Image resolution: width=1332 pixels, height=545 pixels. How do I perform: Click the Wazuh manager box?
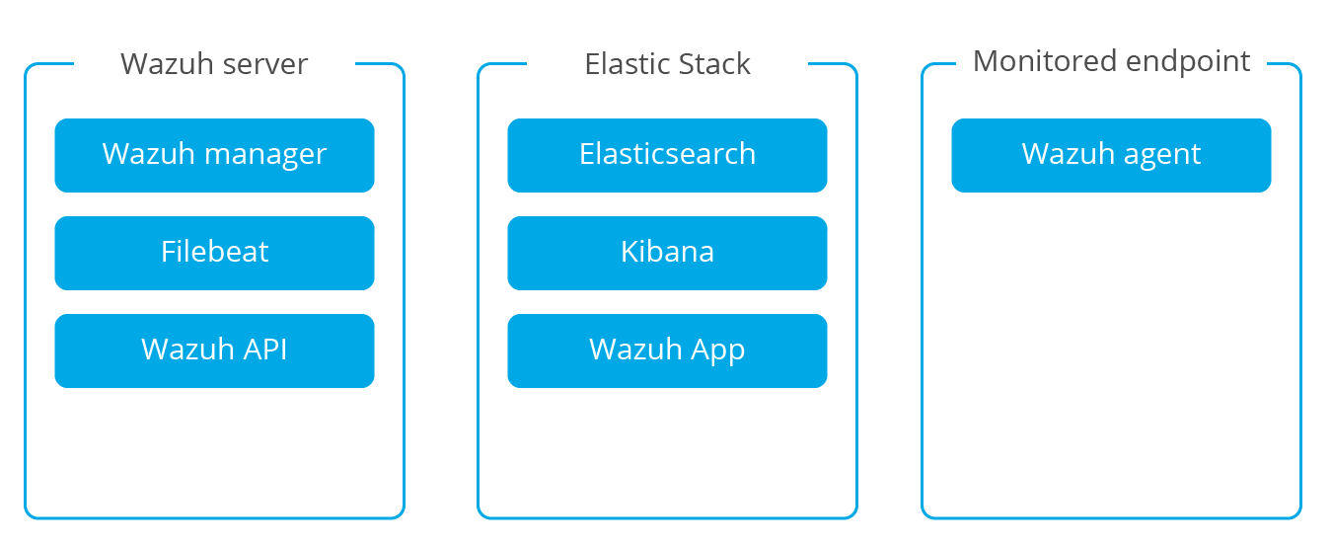coord(214,155)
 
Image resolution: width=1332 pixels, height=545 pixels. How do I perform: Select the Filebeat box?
coord(214,253)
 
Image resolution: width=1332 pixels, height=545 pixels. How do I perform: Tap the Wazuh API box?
coord(214,351)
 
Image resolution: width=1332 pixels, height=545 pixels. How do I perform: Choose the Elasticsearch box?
coord(667,155)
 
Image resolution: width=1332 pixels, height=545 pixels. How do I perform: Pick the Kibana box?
coord(667,253)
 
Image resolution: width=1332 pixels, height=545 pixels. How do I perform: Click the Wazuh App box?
coord(667,351)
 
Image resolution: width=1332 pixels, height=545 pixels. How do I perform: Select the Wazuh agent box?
coord(1111,155)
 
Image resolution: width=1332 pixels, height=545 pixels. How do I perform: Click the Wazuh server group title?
coord(214,63)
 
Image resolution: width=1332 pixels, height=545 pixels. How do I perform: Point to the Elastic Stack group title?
coord(667,63)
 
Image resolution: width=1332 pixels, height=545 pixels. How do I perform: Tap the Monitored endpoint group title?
coord(1111,62)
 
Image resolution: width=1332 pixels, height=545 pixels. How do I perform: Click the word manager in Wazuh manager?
coord(265,156)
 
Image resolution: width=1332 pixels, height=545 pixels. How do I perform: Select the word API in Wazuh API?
coord(265,349)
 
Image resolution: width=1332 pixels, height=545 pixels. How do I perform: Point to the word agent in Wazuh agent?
coord(1162,156)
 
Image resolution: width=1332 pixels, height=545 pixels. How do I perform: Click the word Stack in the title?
coord(714,63)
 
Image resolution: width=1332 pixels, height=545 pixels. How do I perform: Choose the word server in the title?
coord(265,65)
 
